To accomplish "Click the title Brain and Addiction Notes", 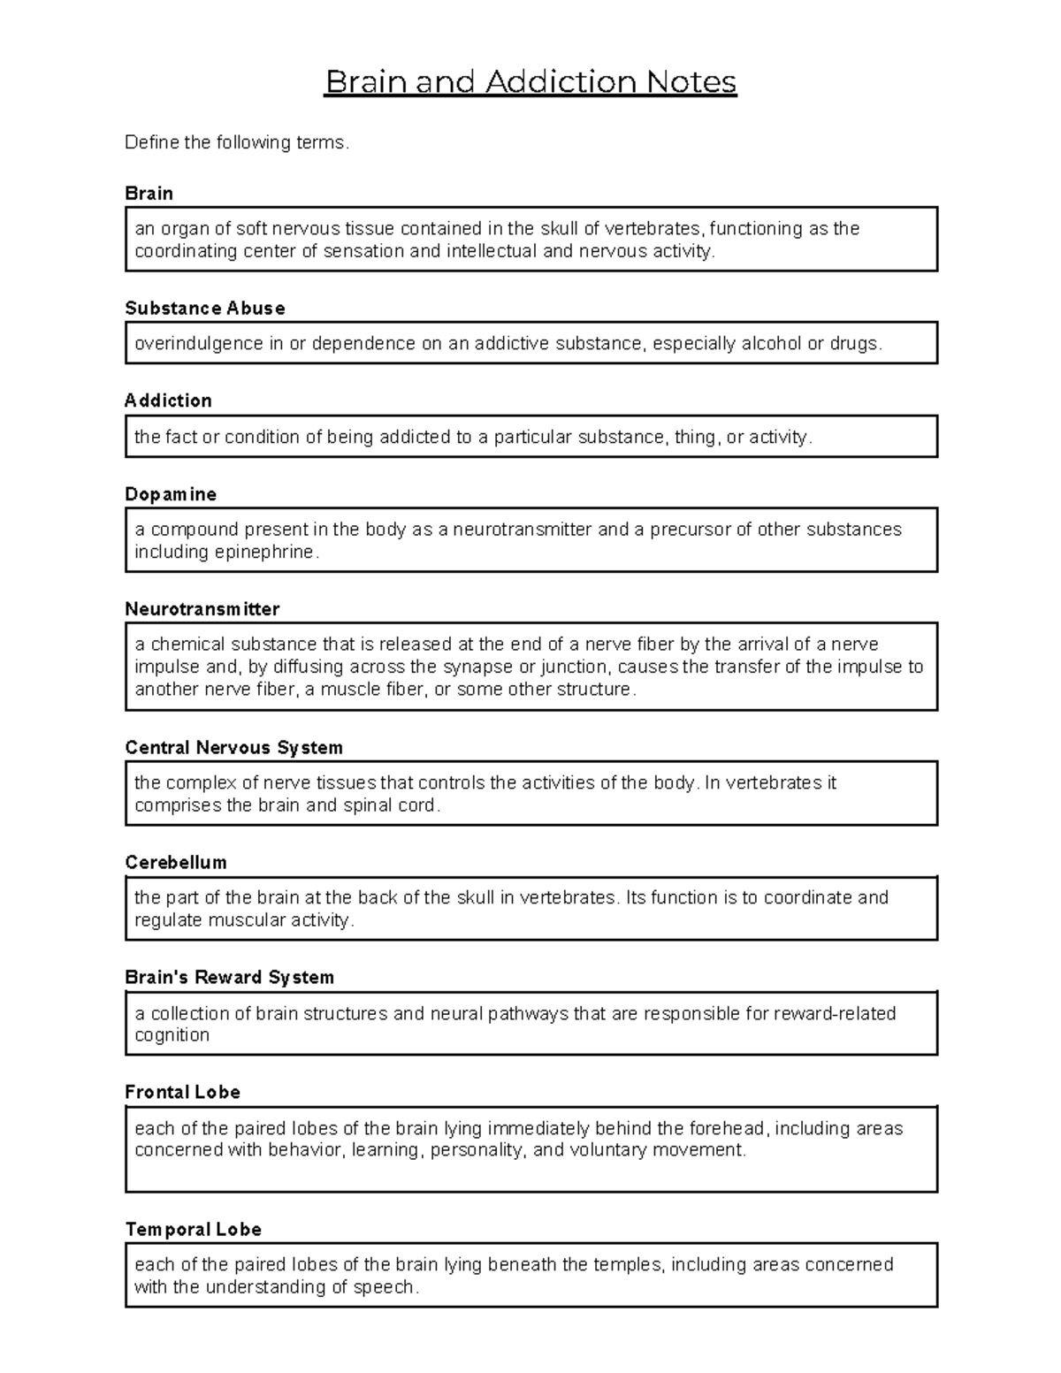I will (x=530, y=82).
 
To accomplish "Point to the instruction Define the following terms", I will (x=237, y=142).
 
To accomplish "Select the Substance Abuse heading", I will (x=205, y=308).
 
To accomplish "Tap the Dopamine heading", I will (x=171, y=494).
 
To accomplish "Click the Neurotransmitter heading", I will (x=202, y=609).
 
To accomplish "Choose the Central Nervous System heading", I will (x=234, y=747).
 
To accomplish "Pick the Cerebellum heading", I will (x=176, y=862).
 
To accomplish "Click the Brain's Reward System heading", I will (x=230, y=977).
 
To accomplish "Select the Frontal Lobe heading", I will (x=183, y=1092).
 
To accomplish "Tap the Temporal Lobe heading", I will (x=194, y=1229).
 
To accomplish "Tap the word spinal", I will (x=367, y=805).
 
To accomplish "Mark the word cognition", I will (x=172, y=1035).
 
